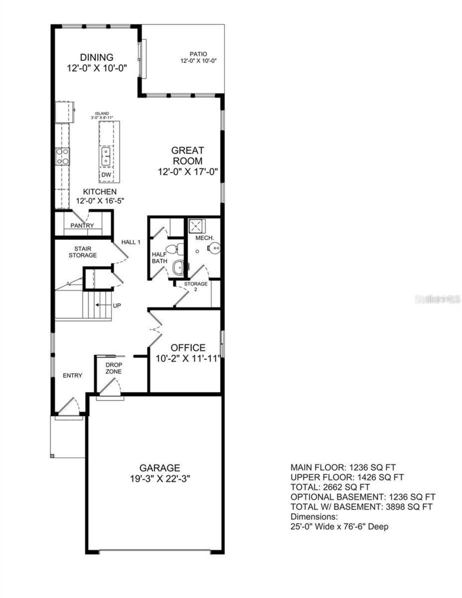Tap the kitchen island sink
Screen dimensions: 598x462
(x=106, y=156)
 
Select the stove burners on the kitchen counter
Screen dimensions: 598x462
(x=62, y=157)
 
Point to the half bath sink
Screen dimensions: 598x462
(x=178, y=267)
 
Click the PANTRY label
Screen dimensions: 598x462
(x=82, y=226)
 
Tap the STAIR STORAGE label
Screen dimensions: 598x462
(x=83, y=252)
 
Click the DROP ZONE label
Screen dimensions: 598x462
(x=114, y=368)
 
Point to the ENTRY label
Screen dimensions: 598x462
(x=73, y=376)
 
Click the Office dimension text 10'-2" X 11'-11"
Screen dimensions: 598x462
(x=188, y=359)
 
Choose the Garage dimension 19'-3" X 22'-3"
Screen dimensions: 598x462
(x=160, y=479)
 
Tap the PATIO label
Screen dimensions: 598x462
(x=199, y=54)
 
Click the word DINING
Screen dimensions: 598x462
(x=97, y=57)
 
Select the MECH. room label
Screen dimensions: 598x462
(x=205, y=238)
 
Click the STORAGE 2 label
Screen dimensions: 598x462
(x=196, y=286)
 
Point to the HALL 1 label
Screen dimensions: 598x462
(x=131, y=242)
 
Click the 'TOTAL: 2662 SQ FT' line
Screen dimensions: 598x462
(x=330, y=487)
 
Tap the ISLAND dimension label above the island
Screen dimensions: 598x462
(x=102, y=115)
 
